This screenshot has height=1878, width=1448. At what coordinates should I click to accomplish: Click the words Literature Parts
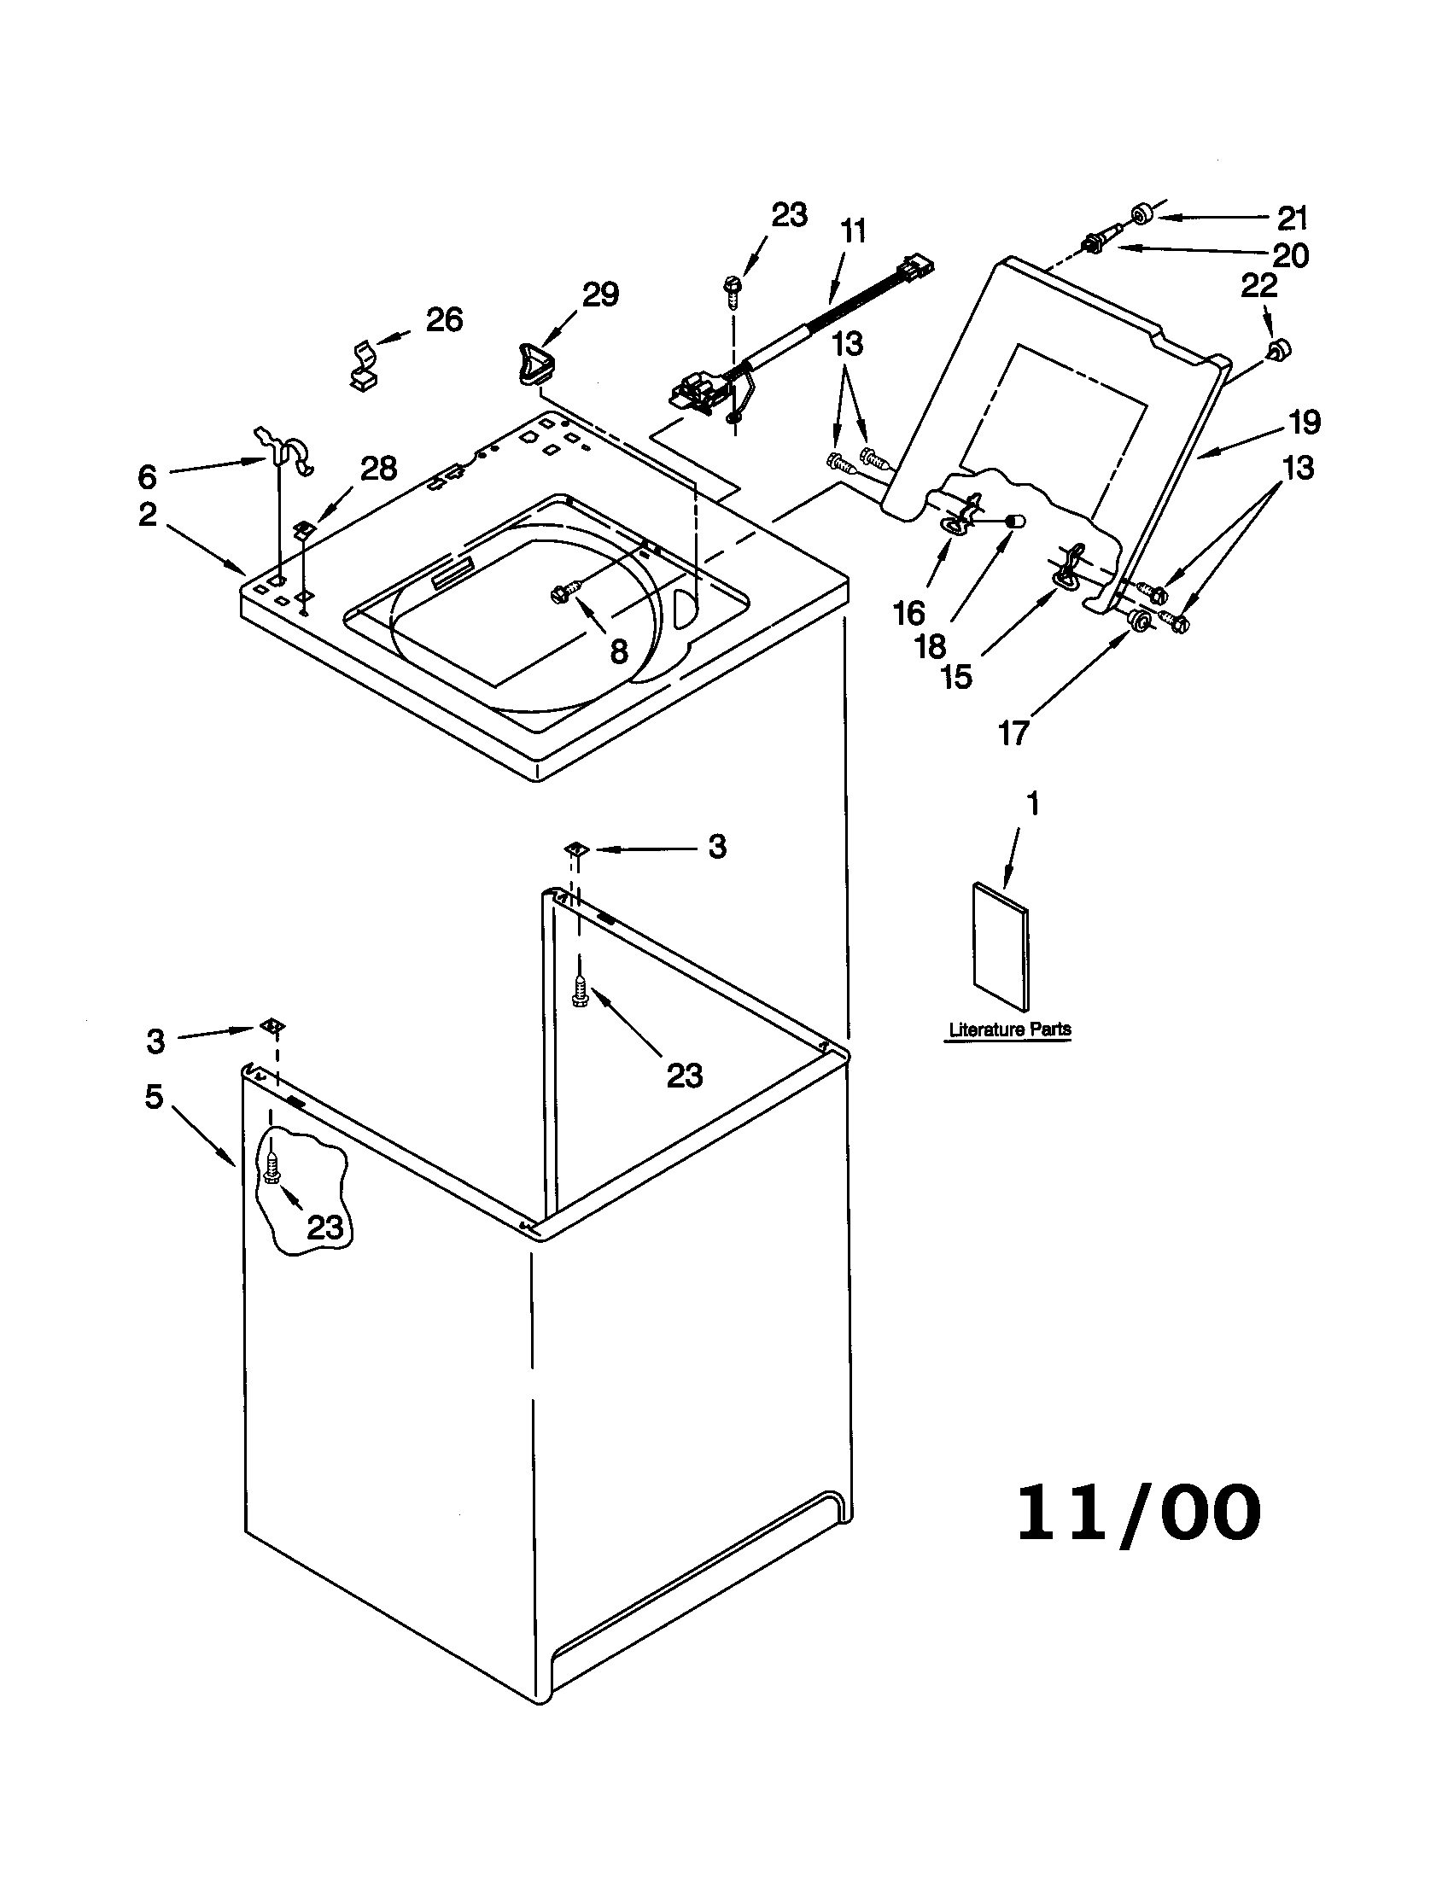click(1009, 1029)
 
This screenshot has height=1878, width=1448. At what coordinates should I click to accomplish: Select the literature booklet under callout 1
click(1000, 945)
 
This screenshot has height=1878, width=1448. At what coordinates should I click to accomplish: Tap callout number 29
click(600, 295)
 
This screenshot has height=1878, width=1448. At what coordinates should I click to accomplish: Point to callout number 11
click(853, 231)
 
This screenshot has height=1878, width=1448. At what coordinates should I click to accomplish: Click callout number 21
click(1292, 219)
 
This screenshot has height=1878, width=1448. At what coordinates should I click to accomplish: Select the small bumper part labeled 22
click(1279, 348)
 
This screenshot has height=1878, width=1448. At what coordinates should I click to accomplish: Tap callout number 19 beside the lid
click(1304, 423)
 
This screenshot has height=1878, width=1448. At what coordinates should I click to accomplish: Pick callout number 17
click(1013, 732)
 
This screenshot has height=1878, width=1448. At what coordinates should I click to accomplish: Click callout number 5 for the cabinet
click(154, 1096)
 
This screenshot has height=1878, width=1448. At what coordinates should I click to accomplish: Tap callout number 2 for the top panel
click(148, 514)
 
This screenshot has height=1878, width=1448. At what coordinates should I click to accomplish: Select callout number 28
click(378, 469)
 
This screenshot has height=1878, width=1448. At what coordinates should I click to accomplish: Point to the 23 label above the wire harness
click(789, 214)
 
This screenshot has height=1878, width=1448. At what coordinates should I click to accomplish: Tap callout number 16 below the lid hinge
click(909, 613)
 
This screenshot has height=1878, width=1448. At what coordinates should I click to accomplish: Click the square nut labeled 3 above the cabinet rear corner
click(575, 849)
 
